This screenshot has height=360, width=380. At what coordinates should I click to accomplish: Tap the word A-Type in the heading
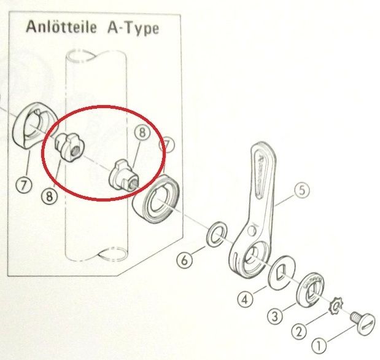click(x=132, y=29)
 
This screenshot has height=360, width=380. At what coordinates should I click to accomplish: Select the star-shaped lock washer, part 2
click(x=336, y=305)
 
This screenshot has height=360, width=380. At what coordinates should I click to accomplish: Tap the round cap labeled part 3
click(x=314, y=286)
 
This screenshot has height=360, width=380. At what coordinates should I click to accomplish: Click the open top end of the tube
click(x=80, y=57)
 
